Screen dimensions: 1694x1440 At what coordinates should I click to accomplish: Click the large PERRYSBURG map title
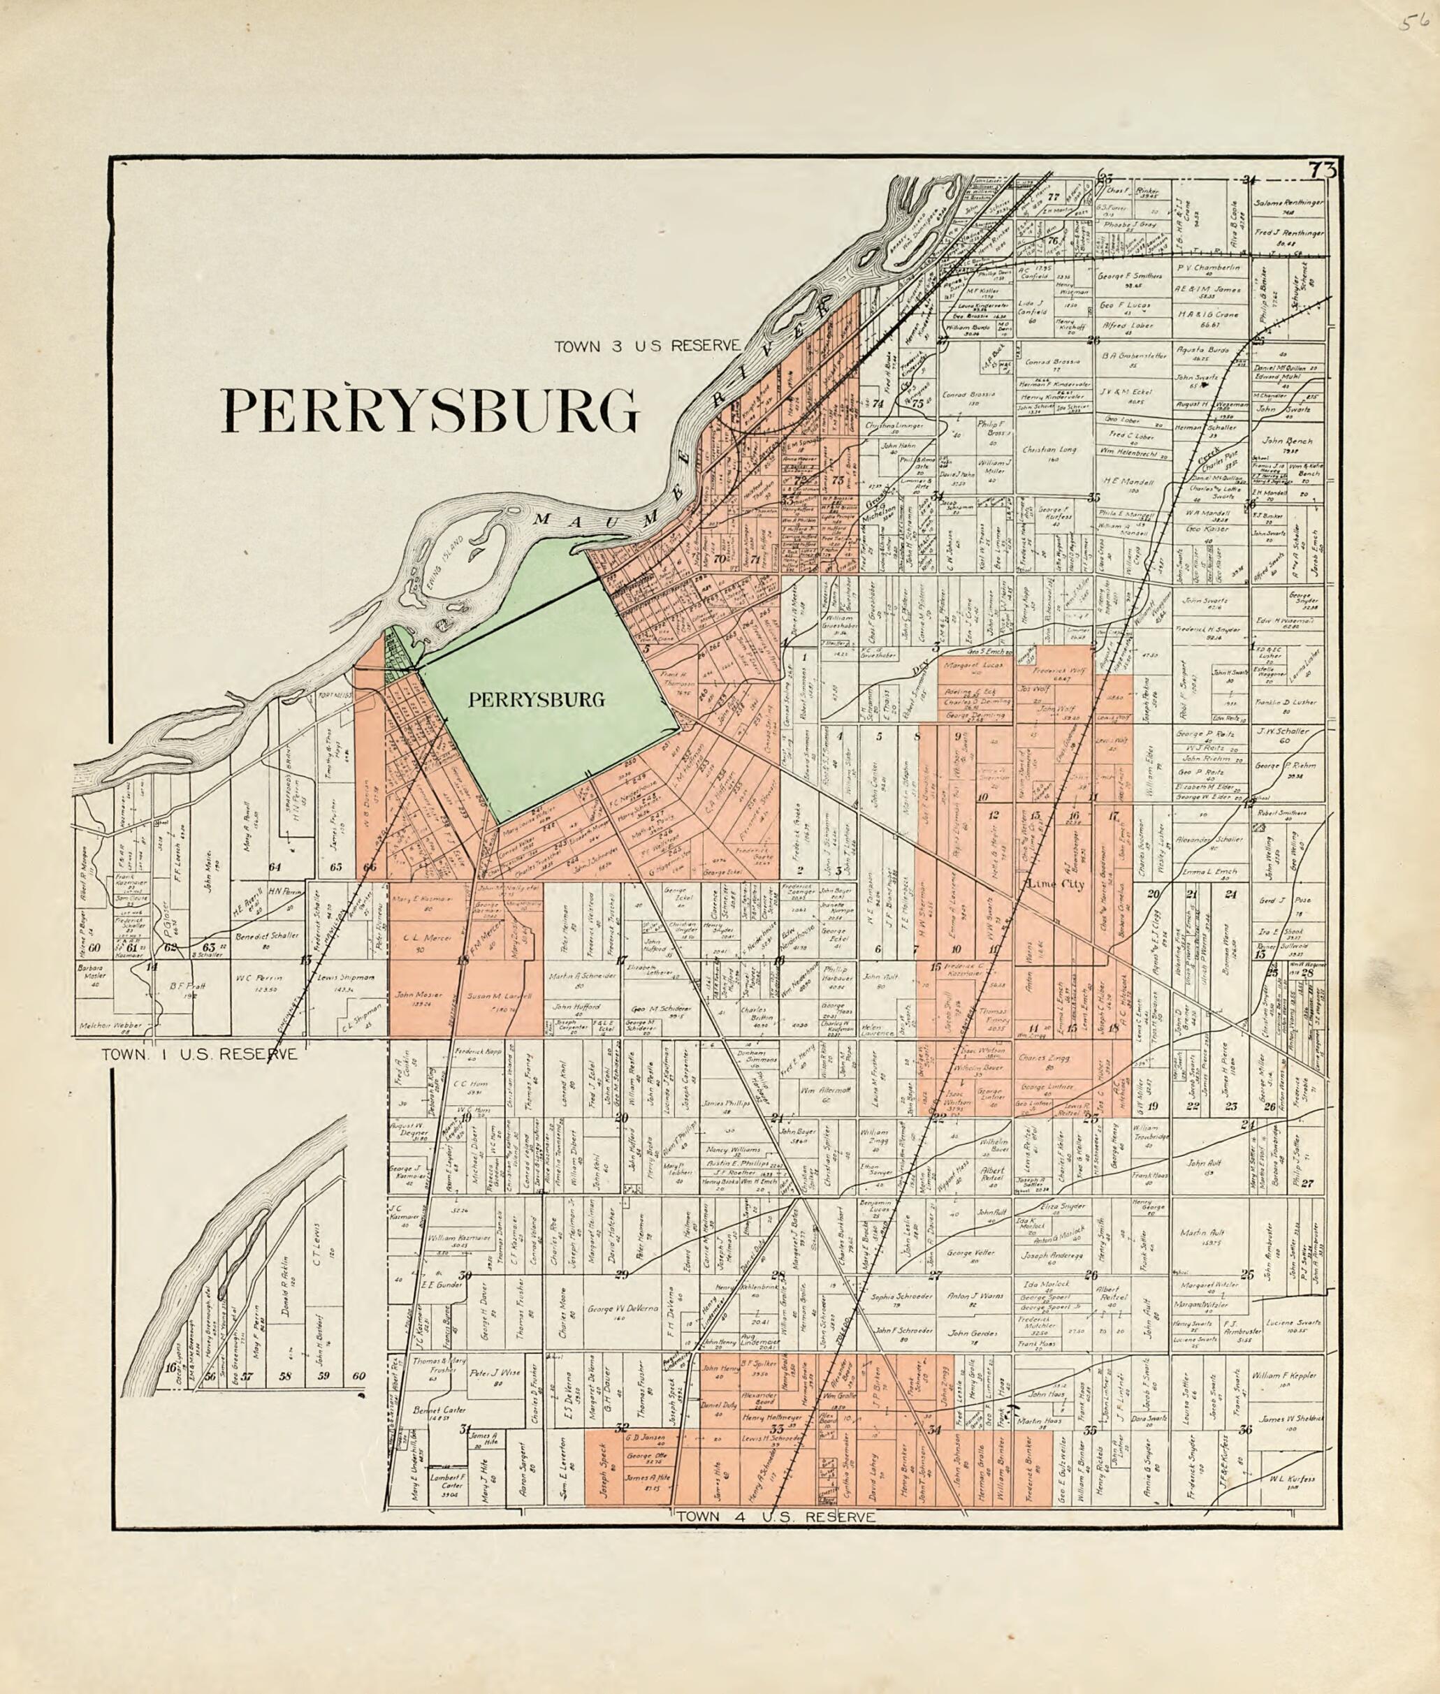pyautogui.click(x=430, y=411)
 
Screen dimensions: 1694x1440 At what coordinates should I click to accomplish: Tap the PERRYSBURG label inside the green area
pyautogui.click(x=537, y=699)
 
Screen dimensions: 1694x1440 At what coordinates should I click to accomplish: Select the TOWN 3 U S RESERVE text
pyautogui.click(x=646, y=346)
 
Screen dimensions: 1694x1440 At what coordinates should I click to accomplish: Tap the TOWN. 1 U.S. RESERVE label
pyautogui.click(x=199, y=1055)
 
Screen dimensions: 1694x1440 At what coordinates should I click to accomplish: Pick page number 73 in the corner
pyautogui.click(x=1322, y=171)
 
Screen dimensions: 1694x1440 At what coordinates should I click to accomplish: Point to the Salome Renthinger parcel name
pyautogui.click(x=1289, y=202)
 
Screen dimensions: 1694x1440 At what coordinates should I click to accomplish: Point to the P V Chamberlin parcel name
pyautogui.click(x=1209, y=268)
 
